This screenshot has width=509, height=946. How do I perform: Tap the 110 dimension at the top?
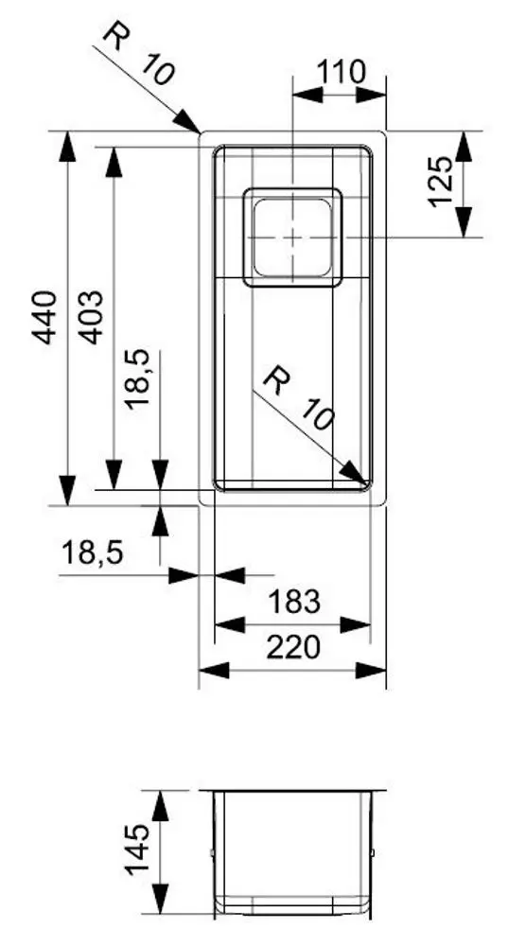341,71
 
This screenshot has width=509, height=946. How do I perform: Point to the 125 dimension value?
442,182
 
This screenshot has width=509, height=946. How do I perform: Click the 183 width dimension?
293,601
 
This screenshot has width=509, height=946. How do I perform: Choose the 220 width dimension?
293,647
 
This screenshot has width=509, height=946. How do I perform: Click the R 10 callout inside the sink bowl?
299,399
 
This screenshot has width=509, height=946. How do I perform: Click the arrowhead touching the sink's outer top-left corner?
190,124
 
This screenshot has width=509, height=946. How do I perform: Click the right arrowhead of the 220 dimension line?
374,670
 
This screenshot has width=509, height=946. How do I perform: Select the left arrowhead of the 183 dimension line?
227,623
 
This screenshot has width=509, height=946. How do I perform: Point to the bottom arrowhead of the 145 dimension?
160,902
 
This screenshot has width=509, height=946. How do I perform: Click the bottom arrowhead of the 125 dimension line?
464,223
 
